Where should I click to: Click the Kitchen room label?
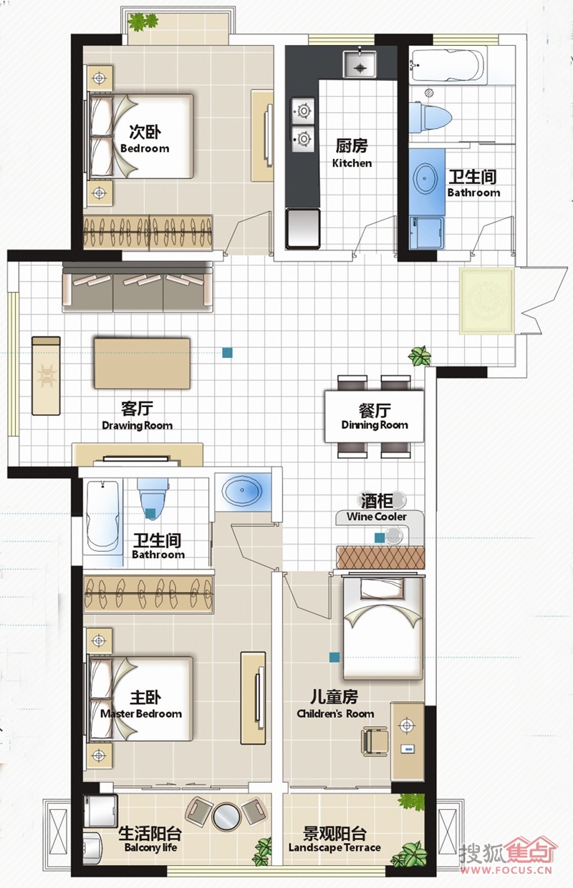tap(352, 152)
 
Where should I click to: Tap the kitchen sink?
tap(360, 64)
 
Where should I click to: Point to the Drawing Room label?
tap(138, 416)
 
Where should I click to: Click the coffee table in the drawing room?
tap(142, 363)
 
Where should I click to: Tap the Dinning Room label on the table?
tap(375, 416)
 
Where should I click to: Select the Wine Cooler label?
tap(377, 508)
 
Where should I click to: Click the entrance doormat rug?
tap(486, 301)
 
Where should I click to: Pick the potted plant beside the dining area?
tap(420, 355)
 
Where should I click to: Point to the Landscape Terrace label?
tap(334, 839)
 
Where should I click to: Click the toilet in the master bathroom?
tap(153, 498)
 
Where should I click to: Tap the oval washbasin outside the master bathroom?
tap(242, 492)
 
